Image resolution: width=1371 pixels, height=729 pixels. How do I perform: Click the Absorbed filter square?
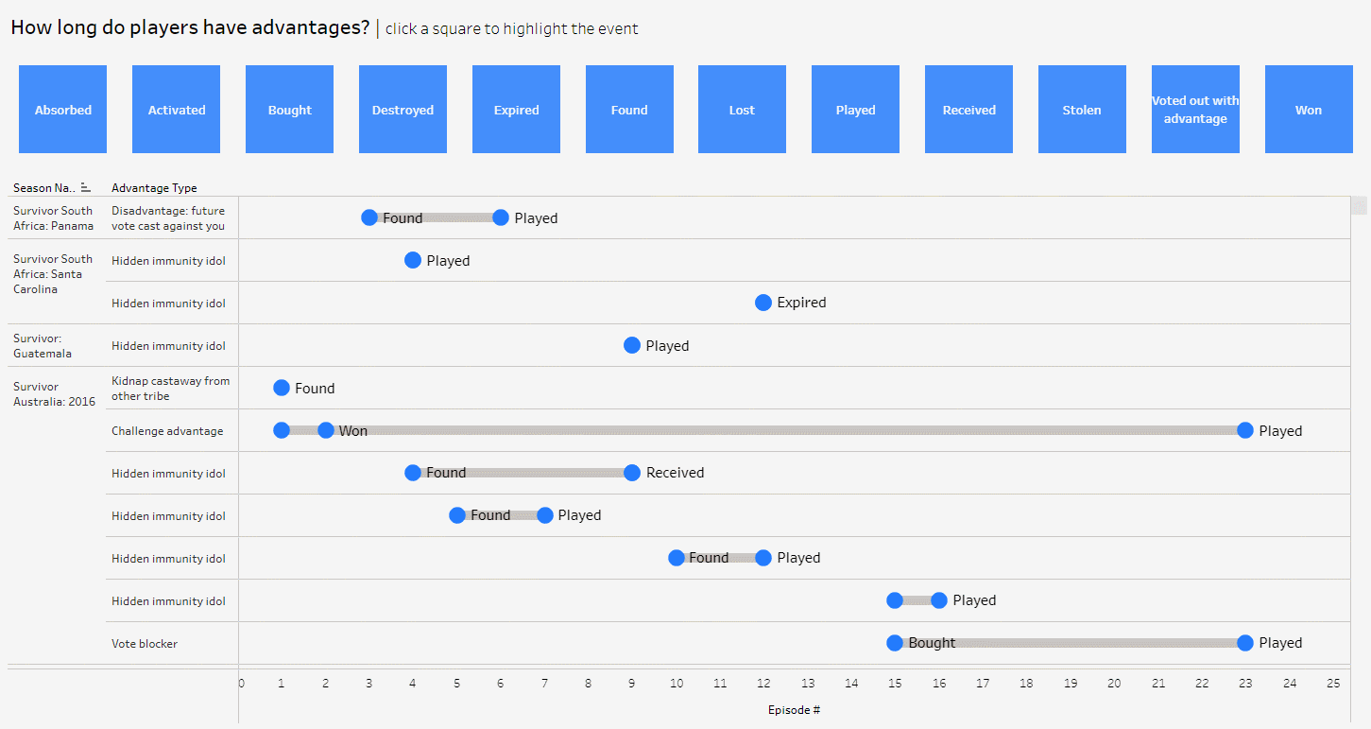click(x=62, y=109)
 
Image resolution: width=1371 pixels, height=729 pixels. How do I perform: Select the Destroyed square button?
click(x=403, y=109)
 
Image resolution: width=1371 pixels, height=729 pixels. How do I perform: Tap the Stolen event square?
click(x=1082, y=109)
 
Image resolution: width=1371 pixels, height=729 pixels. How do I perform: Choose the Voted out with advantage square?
click(x=1195, y=109)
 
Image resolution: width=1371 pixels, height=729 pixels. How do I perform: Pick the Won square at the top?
click(x=1309, y=109)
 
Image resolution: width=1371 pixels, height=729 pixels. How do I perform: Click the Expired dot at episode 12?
click(x=763, y=303)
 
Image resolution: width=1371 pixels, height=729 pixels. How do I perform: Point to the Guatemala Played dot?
click(x=632, y=345)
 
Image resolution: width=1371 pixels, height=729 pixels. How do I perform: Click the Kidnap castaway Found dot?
click(x=282, y=388)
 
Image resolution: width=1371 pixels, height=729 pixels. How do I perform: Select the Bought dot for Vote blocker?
click(x=895, y=643)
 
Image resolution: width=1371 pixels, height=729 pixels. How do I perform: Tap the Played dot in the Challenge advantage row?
click(x=1245, y=430)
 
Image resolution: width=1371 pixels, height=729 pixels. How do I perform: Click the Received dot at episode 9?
click(x=632, y=473)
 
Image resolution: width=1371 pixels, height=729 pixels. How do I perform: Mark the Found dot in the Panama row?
click(x=369, y=217)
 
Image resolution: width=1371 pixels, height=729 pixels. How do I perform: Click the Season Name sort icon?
click(x=86, y=187)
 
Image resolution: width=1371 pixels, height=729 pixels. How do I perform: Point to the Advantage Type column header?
click(x=154, y=188)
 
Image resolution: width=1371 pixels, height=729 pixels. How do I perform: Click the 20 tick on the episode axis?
click(x=1114, y=684)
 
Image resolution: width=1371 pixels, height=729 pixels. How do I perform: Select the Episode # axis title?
click(x=794, y=710)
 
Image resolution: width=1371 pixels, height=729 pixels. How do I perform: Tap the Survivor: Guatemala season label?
click(x=43, y=346)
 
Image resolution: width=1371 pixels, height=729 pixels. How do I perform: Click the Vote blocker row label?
click(x=145, y=644)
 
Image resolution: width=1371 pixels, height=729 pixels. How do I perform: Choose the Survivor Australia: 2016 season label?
click(x=54, y=394)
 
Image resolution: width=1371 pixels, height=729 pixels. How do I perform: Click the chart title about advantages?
click(x=190, y=27)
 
